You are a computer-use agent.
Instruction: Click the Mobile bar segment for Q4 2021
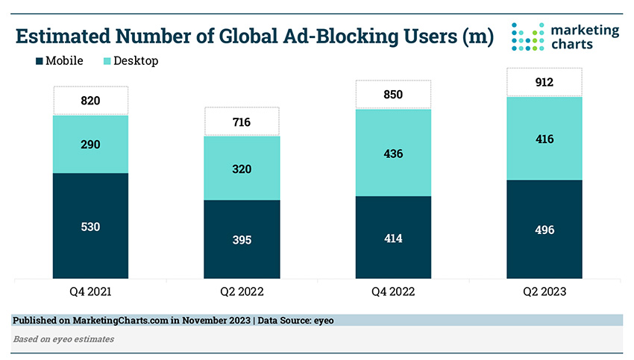(x=91, y=226)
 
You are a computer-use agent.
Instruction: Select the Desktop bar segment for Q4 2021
(x=91, y=144)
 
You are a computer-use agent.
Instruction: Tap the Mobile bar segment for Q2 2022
(x=242, y=239)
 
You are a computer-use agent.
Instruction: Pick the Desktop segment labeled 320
(x=242, y=168)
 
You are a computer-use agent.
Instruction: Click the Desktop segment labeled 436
(x=392, y=153)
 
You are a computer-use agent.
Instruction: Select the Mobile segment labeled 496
(x=544, y=230)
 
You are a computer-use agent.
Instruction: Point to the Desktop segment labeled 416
(x=544, y=139)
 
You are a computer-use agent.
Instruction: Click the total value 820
(x=91, y=101)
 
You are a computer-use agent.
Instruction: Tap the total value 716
(x=242, y=121)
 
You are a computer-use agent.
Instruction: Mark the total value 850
(x=392, y=95)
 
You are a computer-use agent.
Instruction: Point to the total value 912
(x=544, y=82)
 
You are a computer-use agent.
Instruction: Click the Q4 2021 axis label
(x=91, y=292)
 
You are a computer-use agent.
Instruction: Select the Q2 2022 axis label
(x=242, y=292)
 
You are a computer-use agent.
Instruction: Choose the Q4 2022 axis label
(x=392, y=292)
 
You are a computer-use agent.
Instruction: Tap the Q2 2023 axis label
(x=544, y=292)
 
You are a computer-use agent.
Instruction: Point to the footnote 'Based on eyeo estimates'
(x=63, y=339)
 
